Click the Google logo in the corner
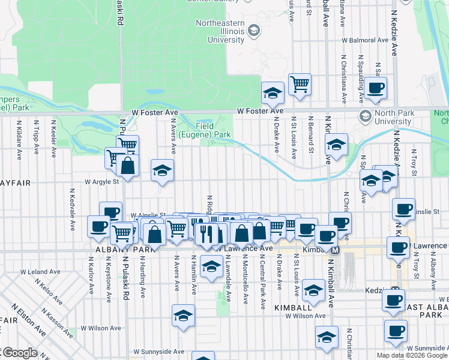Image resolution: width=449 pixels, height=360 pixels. (20, 353)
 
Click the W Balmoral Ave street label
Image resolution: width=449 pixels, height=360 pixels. (365, 41)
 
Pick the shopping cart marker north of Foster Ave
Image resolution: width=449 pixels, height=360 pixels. (300, 84)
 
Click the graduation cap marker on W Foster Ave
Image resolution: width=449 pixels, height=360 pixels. (273, 93)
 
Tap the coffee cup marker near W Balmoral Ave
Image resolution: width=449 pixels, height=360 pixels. (376, 88)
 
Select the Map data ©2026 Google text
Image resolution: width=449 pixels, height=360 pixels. (411, 355)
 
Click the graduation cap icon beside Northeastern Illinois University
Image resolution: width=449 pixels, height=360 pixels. (254, 30)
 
